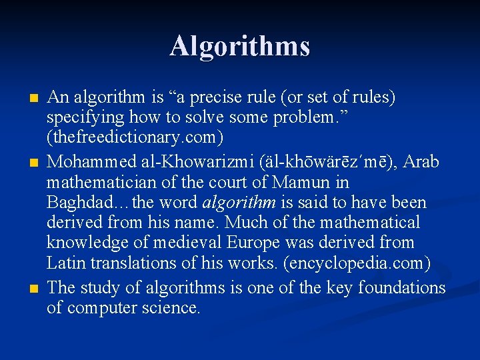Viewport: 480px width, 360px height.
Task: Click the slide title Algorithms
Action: pyautogui.click(x=239, y=47)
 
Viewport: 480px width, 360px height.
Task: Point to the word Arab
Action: pyautogui.click(x=421, y=162)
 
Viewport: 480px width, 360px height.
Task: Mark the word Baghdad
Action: pyautogui.click(x=79, y=202)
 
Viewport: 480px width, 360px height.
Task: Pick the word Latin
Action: pyautogui.click(x=65, y=262)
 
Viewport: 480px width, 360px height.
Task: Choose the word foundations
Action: pyautogui.click(x=401, y=288)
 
